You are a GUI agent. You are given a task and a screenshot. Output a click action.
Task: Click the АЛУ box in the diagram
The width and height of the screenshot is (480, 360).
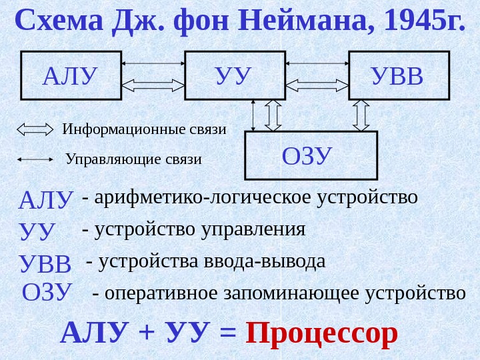(x=72, y=75)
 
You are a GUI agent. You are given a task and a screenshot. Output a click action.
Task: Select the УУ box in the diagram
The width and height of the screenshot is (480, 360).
(x=235, y=75)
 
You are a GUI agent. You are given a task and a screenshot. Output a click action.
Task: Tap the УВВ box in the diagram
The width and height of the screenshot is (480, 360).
(x=397, y=75)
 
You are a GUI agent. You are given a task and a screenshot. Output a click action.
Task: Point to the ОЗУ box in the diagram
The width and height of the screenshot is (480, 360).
(x=311, y=156)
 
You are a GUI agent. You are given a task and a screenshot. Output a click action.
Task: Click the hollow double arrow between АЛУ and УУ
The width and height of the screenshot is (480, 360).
(x=153, y=85)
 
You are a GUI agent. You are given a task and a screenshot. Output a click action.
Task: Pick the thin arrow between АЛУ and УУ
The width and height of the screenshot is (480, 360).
(x=153, y=63)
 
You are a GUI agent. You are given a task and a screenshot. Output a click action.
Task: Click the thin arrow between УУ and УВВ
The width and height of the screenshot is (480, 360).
(x=317, y=63)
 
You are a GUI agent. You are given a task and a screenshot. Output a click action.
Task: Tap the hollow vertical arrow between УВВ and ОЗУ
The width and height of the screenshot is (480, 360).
(x=361, y=115)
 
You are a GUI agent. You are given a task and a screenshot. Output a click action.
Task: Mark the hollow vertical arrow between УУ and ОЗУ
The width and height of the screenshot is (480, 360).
(x=274, y=115)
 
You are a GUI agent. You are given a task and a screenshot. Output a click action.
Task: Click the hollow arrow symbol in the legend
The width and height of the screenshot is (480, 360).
(x=35, y=129)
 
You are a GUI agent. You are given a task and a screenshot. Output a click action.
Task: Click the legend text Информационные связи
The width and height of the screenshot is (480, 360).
(x=145, y=129)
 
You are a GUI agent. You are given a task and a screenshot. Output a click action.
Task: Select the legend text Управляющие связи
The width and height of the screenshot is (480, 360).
(x=133, y=160)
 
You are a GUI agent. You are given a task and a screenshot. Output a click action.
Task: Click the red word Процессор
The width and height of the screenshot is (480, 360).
(x=322, y=333)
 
